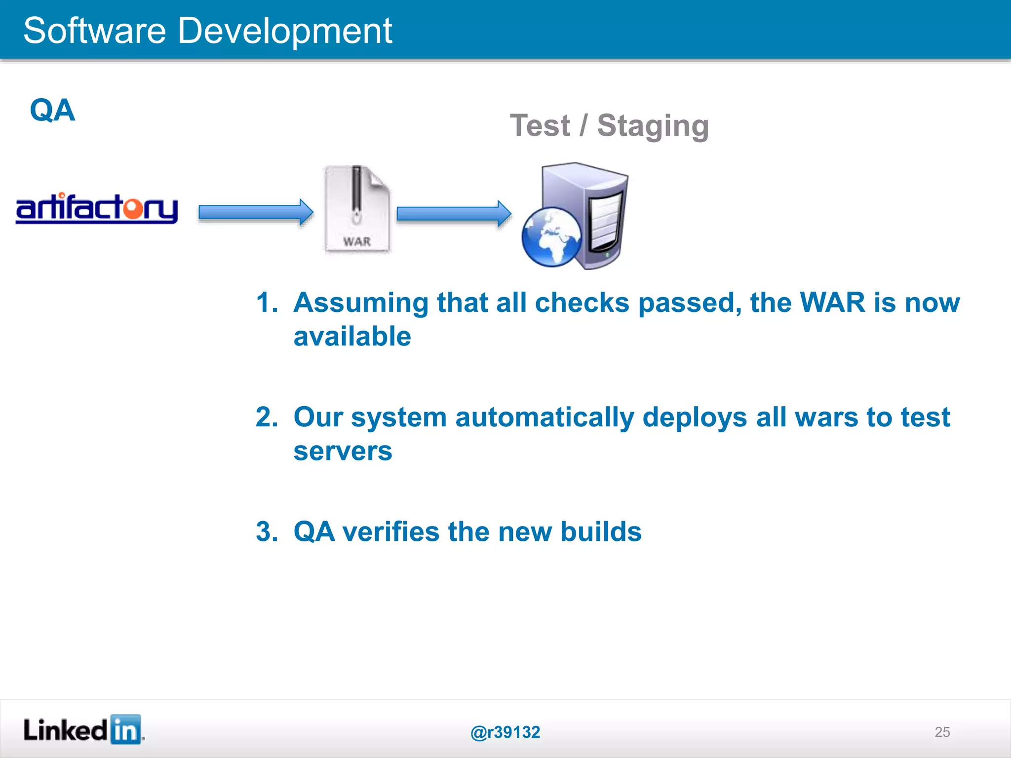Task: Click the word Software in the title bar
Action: pyautogui.click(x=94, y=31)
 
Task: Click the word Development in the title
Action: pyautogui.click(x=284, y=31)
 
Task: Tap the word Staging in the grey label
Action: pyautogui.click(x=653, y=126)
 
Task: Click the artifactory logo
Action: pyautogui.click(x=97, y=208)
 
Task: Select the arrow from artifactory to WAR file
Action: pyautogui.click(x=255, y=213)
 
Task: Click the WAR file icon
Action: pyautogui.click(x=357, y=210)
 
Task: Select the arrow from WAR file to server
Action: pyautogui.click(x=454, y=214)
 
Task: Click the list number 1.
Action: pyautogui.click(x=267, y=302)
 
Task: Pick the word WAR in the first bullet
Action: pyautogui.click(x=832, y=302)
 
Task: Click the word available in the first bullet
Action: pyautogui.click(x=352, y=337)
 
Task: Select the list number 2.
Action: pyautogui.click(x=267, y=417)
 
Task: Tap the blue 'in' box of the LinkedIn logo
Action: pyautogui.click(x=125, y=729)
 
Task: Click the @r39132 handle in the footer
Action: pyautogui.click(x=505, y=732)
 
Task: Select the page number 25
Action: pyautogui.click(x=942, y=732)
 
